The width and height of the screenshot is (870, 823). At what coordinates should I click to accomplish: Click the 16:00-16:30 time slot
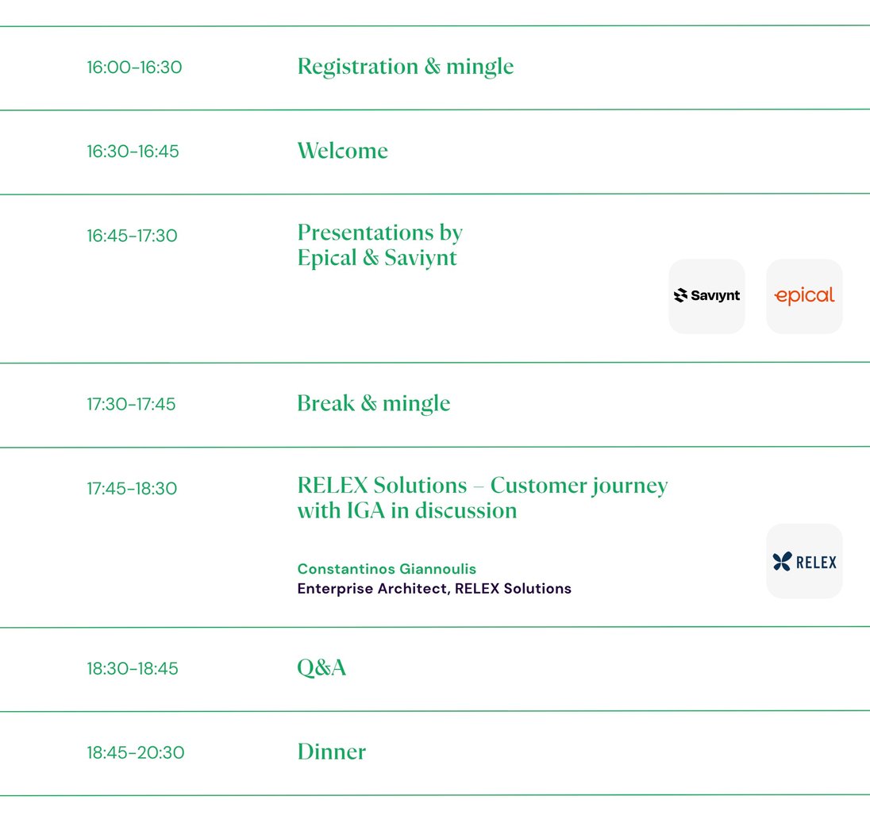[134, 67]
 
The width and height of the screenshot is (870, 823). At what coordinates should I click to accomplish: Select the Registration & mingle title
[405, 67]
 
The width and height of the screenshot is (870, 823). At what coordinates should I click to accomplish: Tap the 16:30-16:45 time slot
[133, 152]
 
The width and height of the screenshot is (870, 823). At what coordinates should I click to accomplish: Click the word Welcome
[342, 151]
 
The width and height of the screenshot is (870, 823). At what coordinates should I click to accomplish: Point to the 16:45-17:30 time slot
[132, 236]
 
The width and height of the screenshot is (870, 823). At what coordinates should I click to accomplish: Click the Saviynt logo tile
[706, 296]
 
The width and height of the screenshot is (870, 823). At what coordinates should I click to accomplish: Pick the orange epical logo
[804, 296]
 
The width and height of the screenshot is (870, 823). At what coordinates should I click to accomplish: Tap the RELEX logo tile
[804, 562]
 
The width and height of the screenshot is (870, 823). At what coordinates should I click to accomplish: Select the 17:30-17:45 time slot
[131, 404]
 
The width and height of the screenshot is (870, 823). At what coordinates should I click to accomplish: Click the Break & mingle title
[373, 403]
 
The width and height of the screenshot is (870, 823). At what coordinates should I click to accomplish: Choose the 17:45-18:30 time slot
[132, 489]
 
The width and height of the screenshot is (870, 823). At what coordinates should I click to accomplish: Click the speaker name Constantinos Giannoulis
[387, 569]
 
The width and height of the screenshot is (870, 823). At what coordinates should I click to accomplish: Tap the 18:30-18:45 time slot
[133, 669]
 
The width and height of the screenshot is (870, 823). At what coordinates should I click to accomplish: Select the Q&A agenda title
[321, 668]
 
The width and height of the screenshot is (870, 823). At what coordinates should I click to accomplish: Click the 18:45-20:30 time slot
[135, 752]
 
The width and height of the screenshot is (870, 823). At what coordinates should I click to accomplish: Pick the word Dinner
[331, 752]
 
